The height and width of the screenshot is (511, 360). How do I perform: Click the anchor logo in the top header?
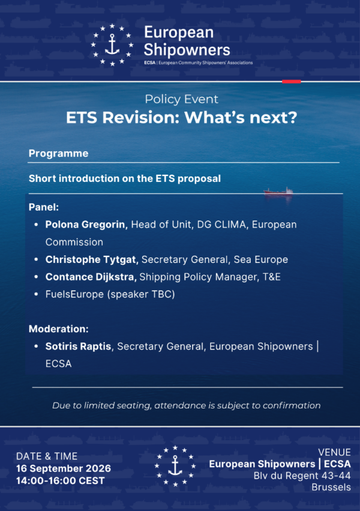coord(112,45)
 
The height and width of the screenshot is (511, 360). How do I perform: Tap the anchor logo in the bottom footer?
coord(175,466)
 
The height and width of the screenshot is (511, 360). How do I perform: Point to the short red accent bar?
coord(292,82)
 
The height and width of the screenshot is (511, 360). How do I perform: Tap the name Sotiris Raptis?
coord(78,346)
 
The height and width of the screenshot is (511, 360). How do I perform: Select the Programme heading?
coord(59,154)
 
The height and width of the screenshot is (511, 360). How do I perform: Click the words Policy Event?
coord(182,99)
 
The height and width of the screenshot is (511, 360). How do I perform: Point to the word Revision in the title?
coord(139,117)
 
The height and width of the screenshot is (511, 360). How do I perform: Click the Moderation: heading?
coord(59,329)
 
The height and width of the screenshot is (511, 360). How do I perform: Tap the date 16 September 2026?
coord(64,468)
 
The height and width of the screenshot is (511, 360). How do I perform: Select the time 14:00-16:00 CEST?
coord(61,481)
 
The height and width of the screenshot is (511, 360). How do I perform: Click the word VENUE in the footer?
coord(334,452)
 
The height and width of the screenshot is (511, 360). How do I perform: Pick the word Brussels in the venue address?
coord(331,487)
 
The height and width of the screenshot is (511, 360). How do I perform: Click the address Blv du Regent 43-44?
coord(302,476)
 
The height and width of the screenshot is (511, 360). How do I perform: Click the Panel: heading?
coord(44,207)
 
